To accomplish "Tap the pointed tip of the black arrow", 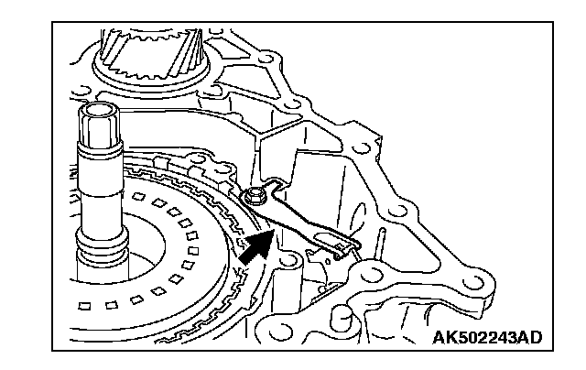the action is (x=272, y=232).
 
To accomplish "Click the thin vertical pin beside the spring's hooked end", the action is (x=375, y=243).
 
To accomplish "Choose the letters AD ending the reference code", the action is (x=529, y=337).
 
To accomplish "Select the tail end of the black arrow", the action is (x=244, y=260).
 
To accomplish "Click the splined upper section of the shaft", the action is (x=99, y=128).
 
